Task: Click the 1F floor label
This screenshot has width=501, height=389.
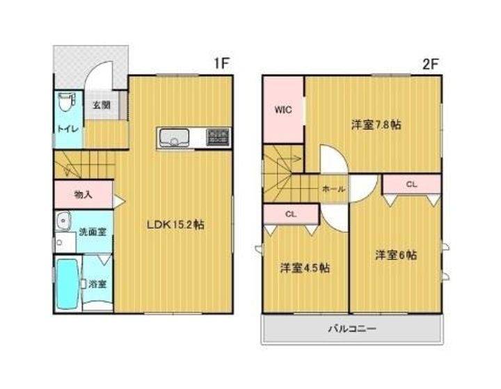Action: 221,63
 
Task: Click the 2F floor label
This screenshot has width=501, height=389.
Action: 429,63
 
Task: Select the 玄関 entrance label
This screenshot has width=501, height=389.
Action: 102,106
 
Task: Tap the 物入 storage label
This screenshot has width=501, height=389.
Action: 83,194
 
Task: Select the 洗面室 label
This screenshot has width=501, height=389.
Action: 93,231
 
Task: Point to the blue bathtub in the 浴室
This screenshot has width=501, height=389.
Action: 67,285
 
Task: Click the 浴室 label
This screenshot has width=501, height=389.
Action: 97,284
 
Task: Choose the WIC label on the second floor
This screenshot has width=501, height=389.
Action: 283,110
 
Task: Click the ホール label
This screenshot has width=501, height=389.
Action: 332,189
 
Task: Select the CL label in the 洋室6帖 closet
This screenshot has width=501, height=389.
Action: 411,184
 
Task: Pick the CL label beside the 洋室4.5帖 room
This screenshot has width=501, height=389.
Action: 291,215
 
